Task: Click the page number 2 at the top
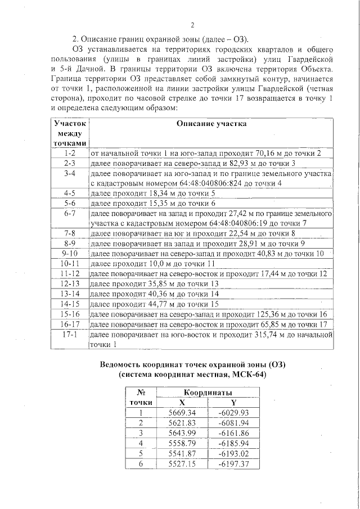192,25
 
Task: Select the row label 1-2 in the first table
70,153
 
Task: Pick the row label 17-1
70,335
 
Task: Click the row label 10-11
70,263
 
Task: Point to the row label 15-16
70,313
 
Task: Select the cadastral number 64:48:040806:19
190,223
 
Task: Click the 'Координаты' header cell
208,393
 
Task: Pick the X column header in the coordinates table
182,403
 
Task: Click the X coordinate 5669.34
182,413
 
